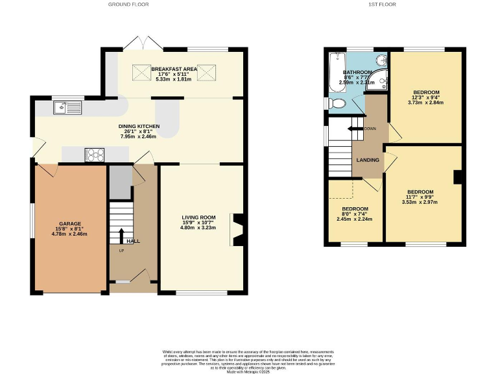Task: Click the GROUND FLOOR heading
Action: (x=128, y=5)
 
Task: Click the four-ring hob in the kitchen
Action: (x=95, y=155)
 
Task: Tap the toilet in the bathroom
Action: (x=336, y=103)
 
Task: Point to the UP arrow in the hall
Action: (x=121, y=235)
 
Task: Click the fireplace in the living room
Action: (x=237, y=230)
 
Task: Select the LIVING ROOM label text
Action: (x=198, y=217)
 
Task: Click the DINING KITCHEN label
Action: (x=139, y=126)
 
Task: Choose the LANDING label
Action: (x=366, y=160)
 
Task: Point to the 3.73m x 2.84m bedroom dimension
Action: (x=425, y=102)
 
